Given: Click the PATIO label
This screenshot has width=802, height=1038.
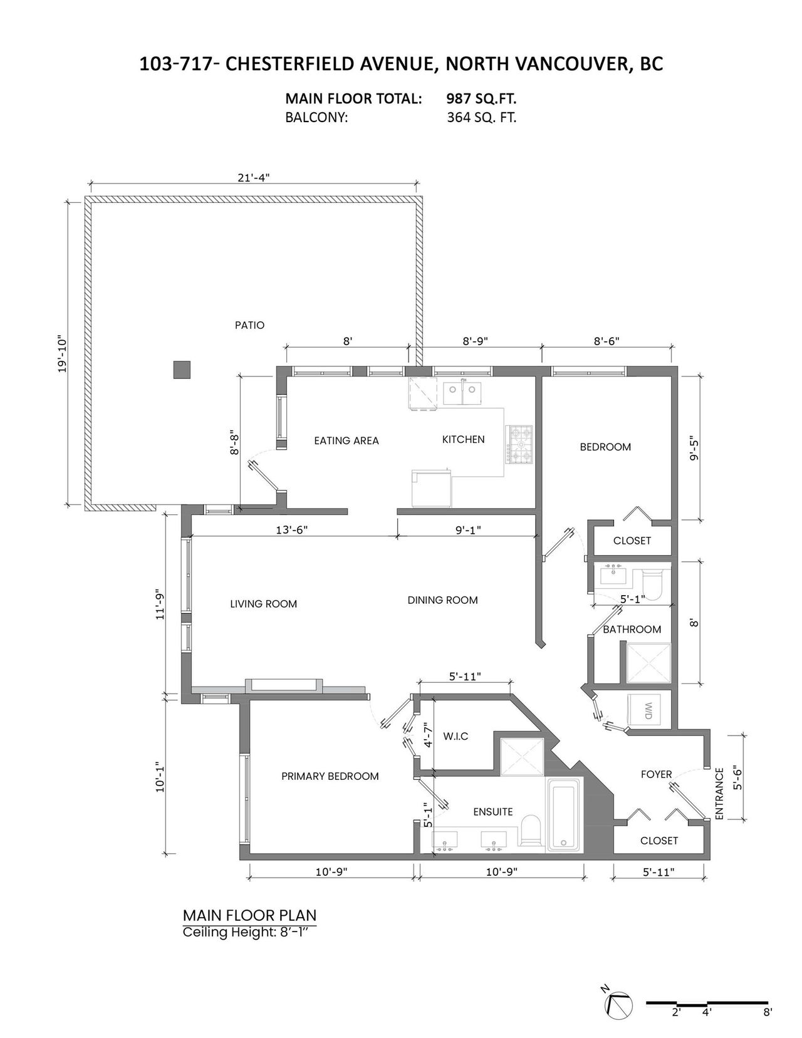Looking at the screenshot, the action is point(249,325).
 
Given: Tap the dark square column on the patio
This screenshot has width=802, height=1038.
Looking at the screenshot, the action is point(182,370).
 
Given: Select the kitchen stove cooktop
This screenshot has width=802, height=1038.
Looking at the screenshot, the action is point(519,444).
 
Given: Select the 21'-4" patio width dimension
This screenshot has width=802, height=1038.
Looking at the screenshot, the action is point(254,178).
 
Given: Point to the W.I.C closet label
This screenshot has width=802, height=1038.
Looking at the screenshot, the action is point(456,736).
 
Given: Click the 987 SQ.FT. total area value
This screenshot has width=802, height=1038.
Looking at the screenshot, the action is point(481,99).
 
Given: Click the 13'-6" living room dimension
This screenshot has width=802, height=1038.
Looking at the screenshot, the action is point(292,529).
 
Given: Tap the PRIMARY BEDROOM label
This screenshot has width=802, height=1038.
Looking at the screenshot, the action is point(330,776).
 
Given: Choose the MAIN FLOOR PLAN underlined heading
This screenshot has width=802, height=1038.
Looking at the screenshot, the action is point(250,915).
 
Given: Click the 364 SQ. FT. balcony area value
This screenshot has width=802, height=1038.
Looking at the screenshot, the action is point(481,118).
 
